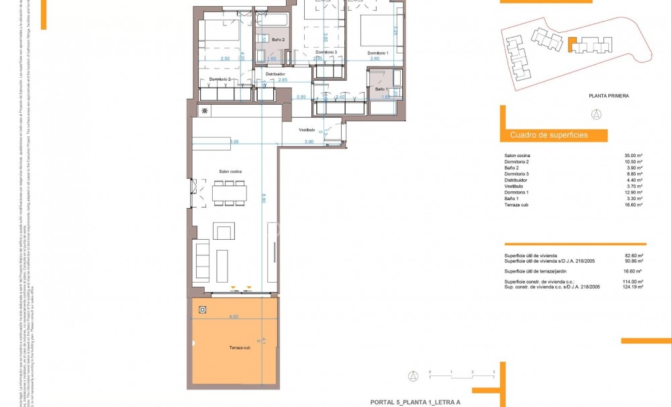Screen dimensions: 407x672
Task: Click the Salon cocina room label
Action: [230, 172]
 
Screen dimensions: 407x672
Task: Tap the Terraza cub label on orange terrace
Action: [232, 348]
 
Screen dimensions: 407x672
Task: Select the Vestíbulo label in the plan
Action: [307, 130]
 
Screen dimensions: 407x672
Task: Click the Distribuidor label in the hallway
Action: [275, 74]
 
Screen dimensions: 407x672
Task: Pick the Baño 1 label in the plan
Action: [381, 89]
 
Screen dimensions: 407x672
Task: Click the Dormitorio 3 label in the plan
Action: [326, 52]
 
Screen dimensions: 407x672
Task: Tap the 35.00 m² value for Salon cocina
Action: [633, 156]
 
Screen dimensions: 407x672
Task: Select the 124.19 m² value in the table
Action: [632, 287]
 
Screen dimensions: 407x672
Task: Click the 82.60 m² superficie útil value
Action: [634, 256]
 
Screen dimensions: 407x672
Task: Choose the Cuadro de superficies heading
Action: [548, 135]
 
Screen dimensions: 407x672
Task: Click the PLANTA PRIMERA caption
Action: [609, 96]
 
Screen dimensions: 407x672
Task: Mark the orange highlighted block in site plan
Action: [571, 45]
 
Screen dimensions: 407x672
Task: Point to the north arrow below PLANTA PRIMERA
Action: [597, 114]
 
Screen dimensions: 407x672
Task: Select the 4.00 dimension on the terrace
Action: [233, 316]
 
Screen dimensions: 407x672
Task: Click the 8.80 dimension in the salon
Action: [264, 199]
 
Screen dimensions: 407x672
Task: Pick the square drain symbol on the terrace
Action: [203, 310]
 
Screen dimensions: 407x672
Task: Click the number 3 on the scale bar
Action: [493, 371]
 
